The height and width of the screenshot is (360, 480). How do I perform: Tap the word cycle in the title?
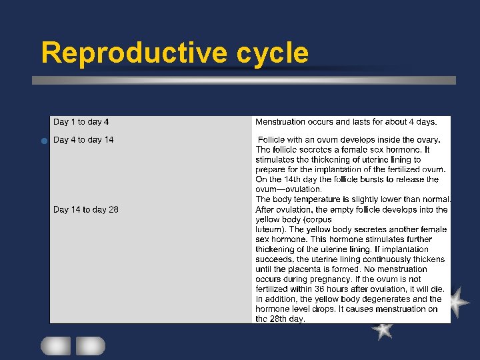point(273,53)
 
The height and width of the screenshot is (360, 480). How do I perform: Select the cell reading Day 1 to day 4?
point(81,122)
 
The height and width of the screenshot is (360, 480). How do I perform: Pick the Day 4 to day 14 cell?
point(83,140)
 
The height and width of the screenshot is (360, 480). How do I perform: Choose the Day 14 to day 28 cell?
point(86,209)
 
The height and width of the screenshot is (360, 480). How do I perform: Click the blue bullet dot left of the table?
point(42,141)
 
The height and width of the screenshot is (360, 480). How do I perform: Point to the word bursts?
point(374,179)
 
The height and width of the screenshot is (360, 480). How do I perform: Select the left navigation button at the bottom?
point(55,345)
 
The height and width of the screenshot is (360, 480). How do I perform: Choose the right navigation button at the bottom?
point(90,345)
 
